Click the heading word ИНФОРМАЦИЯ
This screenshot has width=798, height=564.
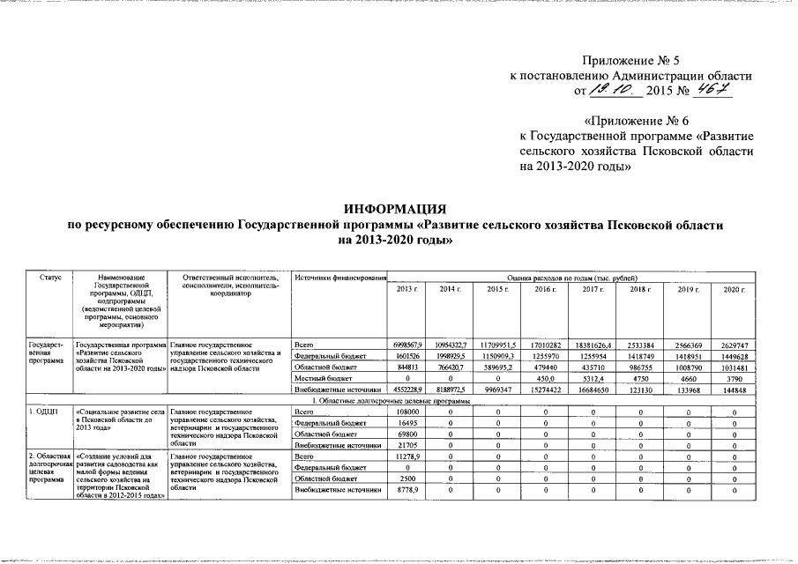tap(396, 209)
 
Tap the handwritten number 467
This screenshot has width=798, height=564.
tap(712, 90)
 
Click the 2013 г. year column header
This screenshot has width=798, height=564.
tap(408, 290)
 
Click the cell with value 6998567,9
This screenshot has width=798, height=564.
tap(408, 343)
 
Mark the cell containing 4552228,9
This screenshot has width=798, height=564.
tap(408, 390)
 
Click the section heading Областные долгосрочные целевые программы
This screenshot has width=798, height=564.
tap(396, 400)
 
